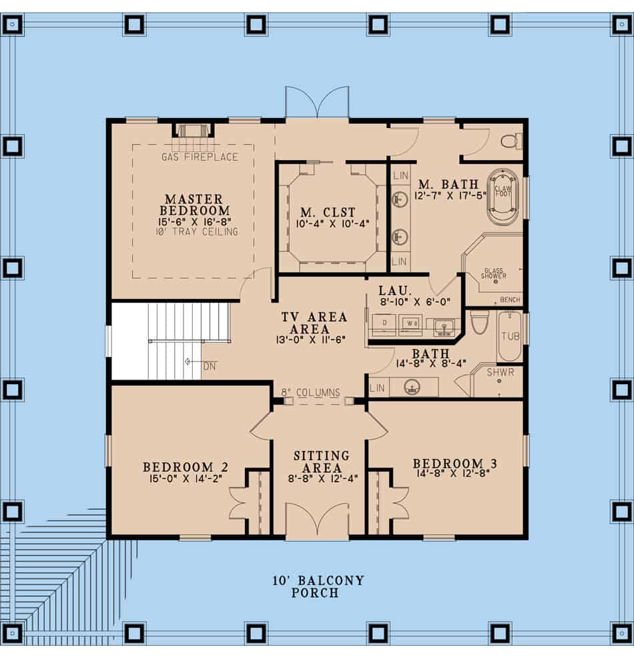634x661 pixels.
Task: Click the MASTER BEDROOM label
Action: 194,205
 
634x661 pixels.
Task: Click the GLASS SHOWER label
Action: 495,273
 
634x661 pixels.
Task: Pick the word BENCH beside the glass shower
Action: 510,300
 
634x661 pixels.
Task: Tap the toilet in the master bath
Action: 512,141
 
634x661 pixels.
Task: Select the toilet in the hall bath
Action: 480,321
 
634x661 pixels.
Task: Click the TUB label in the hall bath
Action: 511,338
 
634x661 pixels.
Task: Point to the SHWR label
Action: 500,373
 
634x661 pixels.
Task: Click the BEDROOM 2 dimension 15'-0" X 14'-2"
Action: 180,478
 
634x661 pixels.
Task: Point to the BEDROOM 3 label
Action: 454,464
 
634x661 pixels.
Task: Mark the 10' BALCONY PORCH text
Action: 318,586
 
